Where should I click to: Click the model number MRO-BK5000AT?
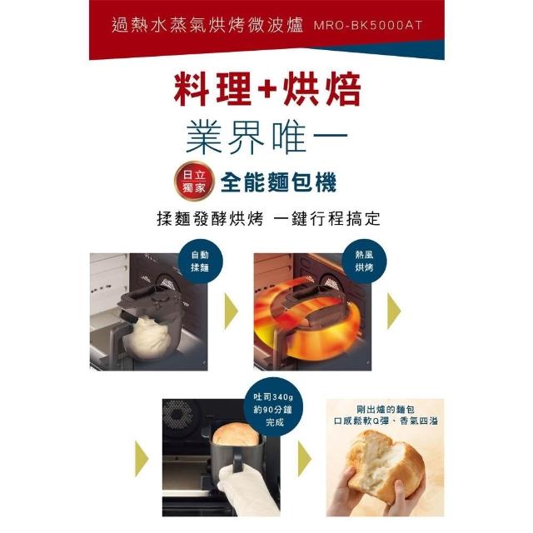pos(368,26)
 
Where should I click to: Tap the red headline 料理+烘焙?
pos(266,89)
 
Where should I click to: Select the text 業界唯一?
pos(266,137)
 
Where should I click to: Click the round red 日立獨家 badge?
pos(194,182)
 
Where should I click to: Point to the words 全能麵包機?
pos(279,182)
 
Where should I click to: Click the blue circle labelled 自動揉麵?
pos(200,261)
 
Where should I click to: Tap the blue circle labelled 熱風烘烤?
pos(364,261)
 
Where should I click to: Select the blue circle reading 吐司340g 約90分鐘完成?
pos(273,409)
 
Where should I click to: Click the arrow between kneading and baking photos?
pos(232,311)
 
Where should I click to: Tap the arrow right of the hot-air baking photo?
pos(394,311)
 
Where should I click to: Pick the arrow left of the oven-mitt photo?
pos(142,459)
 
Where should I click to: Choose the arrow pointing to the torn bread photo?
pos(305,459)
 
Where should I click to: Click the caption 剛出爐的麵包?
pos(386,409)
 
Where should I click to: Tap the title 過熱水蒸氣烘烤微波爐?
pos(207,25)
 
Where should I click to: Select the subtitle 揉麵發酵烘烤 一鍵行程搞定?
pos(268,218)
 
